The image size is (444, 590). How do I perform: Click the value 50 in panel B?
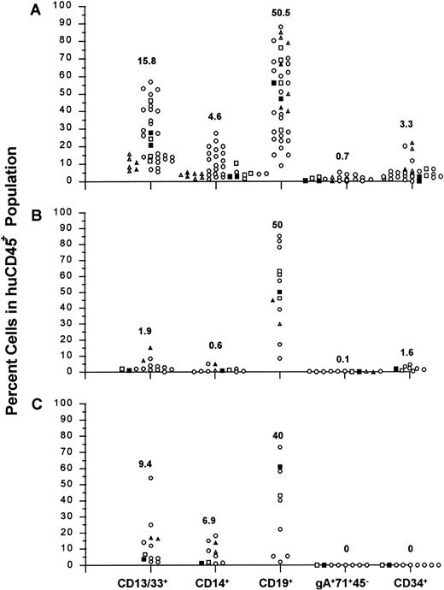click(x=279, y=224)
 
